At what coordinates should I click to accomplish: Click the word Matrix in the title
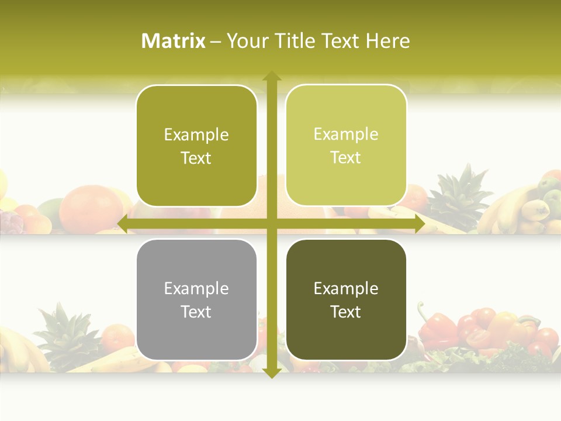coord(174,41)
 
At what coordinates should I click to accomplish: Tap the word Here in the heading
coord(387,41)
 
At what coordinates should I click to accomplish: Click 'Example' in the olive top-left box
coord(196,135)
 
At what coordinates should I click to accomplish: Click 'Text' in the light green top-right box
coord(345,158)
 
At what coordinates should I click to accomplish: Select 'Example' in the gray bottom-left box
coord(196,289)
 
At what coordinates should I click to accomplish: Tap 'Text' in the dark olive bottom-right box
coord(345,312)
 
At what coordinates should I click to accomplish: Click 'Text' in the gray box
coord(196,312)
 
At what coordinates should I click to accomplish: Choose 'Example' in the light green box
coord(345,134)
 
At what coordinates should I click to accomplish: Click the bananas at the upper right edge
coord(514,208)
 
